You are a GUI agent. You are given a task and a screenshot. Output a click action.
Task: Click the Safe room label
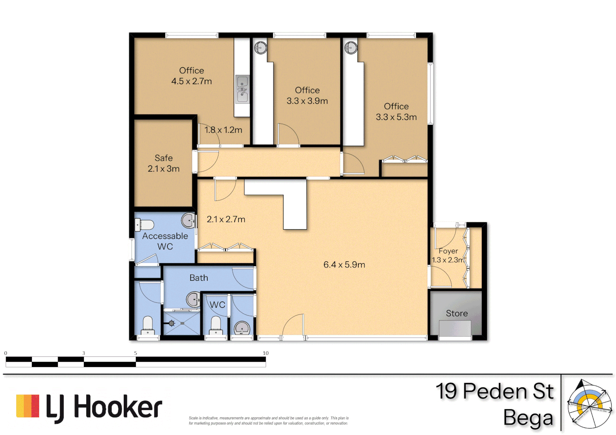coord(163,158)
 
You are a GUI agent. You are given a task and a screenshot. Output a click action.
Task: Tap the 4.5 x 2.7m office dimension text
coord(191,81)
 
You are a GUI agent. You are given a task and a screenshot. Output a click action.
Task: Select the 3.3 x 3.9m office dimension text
coord(307,101)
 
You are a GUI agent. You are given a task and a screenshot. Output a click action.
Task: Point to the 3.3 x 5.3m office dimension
coord(396,117)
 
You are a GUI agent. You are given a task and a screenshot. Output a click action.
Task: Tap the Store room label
coord(457,313)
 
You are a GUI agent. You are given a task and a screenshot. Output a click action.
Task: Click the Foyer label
coord(448,251)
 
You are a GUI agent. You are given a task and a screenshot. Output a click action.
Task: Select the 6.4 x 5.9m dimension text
coord(344,265)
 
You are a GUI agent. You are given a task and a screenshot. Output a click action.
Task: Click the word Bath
coord(199,278)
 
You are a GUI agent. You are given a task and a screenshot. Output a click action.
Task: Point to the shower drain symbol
coord(172,323)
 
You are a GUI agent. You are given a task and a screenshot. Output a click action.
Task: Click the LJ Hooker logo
coord(89,407)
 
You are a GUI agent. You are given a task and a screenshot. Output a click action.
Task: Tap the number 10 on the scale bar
coord(265,353)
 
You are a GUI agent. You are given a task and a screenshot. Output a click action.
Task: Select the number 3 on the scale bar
coord(84,353)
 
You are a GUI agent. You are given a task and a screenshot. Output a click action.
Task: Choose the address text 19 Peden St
coord(495,391)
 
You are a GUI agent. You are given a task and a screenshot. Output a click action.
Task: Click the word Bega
coord(528,418)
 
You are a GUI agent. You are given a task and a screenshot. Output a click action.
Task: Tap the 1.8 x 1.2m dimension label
coord(223,130)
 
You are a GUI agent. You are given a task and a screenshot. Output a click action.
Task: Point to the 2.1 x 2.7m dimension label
coord(226,220)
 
